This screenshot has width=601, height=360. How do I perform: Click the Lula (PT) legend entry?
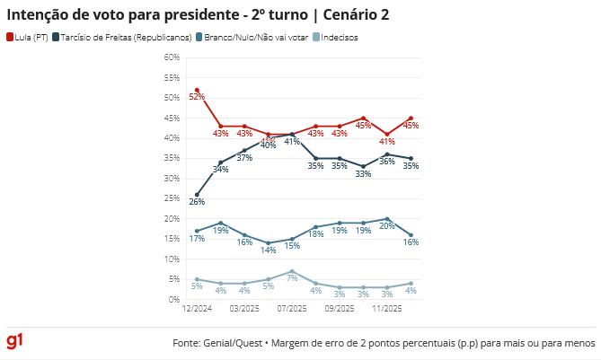(28, 37)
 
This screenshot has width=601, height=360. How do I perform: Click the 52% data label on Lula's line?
(198, 97)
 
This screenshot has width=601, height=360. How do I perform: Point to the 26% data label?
(197, 202)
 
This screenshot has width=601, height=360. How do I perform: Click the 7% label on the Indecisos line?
(292, 278)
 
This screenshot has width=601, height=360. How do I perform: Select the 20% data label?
(387, 226)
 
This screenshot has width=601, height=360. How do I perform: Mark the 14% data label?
(268, 250)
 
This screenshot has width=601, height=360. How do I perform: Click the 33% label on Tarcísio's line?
(363, 174)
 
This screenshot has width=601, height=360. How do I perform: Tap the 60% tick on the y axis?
(170, 57)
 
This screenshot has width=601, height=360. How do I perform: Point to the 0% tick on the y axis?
(173, 299)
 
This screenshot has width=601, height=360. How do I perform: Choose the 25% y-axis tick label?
(170, 198)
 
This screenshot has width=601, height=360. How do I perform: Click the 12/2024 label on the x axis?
(197, 309)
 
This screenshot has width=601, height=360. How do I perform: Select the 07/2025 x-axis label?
(292, 309)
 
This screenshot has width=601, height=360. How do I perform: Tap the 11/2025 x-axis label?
(387, 309)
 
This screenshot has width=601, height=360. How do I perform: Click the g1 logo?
(15, 341)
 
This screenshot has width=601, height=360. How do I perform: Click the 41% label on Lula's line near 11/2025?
(387, 141)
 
